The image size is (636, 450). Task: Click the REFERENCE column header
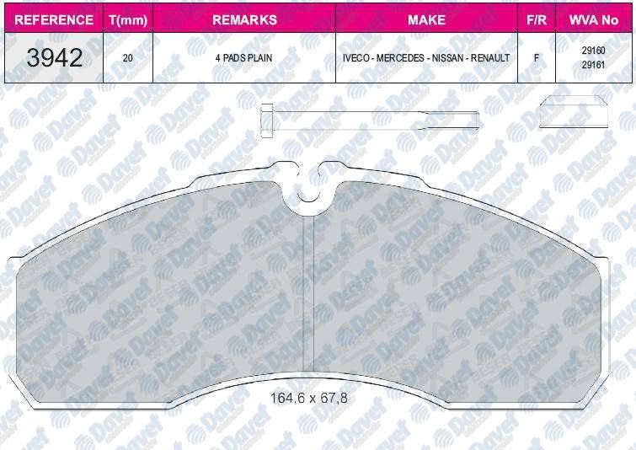tap(54, 19)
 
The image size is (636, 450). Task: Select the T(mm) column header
tap(128, 20)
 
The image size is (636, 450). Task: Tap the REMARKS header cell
tap(244, 19)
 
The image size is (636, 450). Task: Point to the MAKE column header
tap(427, 19)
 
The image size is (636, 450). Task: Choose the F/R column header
tap(537, 19)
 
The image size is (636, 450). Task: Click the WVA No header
tap(593, 19)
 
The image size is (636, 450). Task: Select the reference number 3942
tap(55, 57)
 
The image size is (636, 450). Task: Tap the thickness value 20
tap(128, 58)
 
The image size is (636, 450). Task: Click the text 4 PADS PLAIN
tap(243, 58)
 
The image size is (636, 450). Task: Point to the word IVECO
tap(355, 58)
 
